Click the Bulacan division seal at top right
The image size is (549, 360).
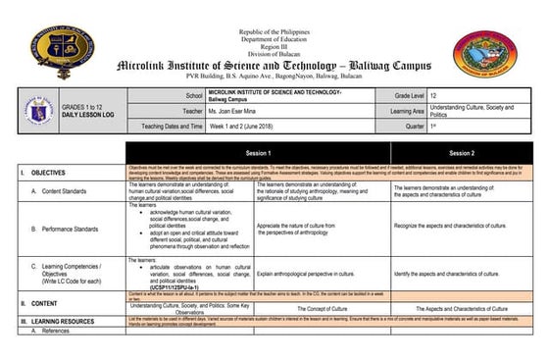tap(486, 56)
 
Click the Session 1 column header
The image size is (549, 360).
tap(258, 154)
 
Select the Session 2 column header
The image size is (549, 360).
tap(461, 154)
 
